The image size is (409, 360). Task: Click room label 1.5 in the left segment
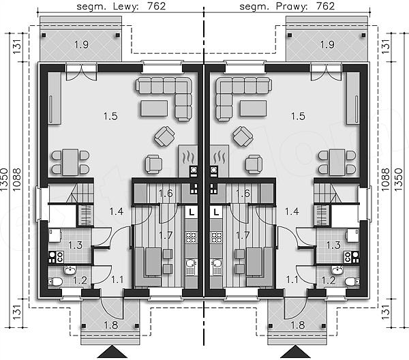pos(110,116)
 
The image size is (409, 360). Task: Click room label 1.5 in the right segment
pos(298,116)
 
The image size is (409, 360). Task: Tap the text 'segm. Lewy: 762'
pos(121,6)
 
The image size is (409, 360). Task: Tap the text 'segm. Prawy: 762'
pos(287,6)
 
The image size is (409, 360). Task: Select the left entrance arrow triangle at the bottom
pos(112,352)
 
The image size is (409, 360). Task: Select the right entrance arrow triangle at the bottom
pos(296,352)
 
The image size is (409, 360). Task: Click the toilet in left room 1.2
pos(55,282)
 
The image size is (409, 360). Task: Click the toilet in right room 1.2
pos(352,282)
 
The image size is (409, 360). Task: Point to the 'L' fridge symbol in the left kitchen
pos(192,212)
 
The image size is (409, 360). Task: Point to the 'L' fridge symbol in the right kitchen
pos(216,212)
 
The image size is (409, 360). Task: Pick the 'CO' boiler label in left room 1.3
pos(60,257)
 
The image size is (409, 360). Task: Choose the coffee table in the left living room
pos(154,108)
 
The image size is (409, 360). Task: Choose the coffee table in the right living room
pos(254,108)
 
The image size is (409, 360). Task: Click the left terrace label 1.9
pos(81,45)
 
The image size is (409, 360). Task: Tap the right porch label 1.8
pos(298,325)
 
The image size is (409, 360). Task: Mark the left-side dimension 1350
pos(5,179)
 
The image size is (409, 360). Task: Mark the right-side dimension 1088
pos(385,179)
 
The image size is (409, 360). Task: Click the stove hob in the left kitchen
pos(191,237)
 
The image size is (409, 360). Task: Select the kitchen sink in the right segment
pos(216,263)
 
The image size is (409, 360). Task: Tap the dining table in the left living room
pos(70,162)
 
